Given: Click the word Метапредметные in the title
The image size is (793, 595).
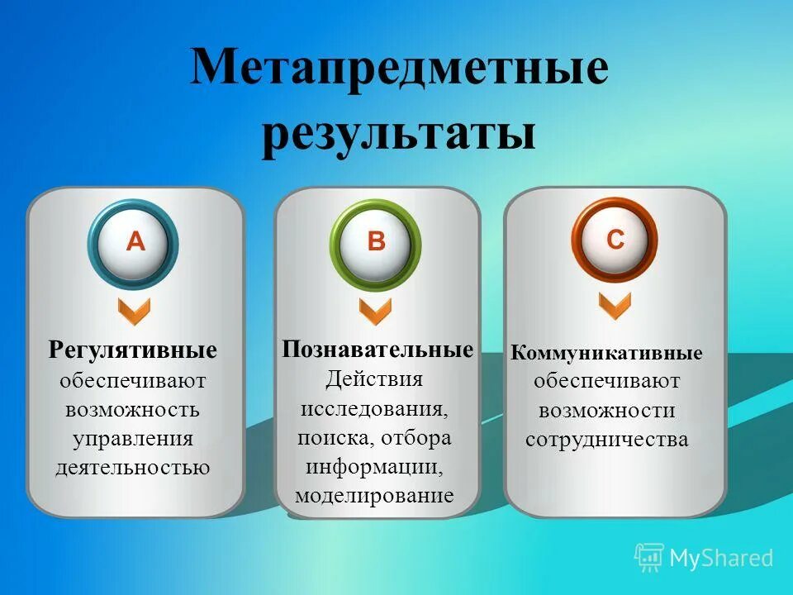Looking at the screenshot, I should (399, 69).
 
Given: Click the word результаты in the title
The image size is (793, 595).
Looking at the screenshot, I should (399, 133).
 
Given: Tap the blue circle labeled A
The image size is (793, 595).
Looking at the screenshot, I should (135, 242).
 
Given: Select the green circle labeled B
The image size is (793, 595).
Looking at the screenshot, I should (376, 242).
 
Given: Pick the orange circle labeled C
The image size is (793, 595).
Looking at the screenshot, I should (615, 240).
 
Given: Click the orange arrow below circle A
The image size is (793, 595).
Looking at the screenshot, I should (134, 312).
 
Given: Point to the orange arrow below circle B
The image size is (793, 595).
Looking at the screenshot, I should (375, 312).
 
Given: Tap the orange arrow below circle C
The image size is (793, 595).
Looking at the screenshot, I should (615, 306).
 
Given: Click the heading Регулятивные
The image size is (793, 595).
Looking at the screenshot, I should (133, 350).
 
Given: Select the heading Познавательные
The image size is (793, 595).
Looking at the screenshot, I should (378, 349).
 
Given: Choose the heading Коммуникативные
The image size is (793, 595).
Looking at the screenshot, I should (606, 354).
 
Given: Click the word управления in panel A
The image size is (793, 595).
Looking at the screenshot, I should (133, 438).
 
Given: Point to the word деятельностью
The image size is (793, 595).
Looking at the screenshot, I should (133, 468).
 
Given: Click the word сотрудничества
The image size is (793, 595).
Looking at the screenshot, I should (606, 440).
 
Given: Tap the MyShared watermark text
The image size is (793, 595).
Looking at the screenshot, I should (721, 558).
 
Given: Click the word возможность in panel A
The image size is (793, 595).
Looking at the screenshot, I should (133, 409).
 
